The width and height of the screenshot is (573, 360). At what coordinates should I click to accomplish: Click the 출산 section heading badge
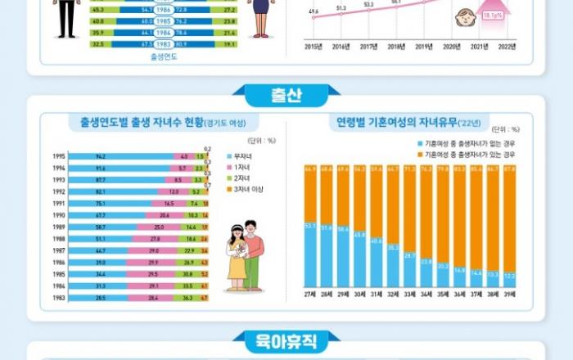[x=286, y=97]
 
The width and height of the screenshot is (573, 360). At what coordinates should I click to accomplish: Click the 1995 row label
[x=58, y=155]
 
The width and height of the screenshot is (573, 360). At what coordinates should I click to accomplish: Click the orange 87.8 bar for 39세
[x=509, y=217]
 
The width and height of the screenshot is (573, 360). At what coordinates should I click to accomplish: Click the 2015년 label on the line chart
[x=314, y=47]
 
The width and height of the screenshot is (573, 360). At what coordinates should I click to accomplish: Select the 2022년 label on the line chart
[x=507, y=47]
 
